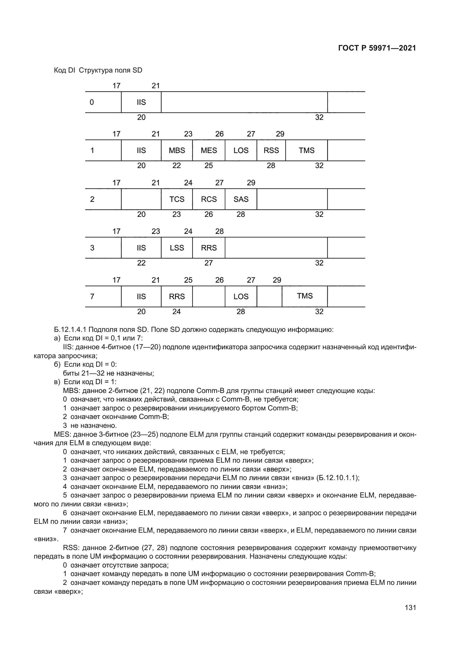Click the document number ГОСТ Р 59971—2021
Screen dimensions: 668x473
point(377,48)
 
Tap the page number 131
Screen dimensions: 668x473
point(410,607)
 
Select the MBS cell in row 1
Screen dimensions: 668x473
point(177,151)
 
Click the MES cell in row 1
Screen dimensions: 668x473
point(208,151)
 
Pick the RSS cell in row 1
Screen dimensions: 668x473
point(271,151)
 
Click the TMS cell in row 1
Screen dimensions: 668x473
point(306,151)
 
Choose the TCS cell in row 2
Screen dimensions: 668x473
point(177,199)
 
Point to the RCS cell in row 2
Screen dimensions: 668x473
point(208,199)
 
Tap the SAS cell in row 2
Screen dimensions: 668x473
point(241,199)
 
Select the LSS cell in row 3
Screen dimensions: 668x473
point(177,248)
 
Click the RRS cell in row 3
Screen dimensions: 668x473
point(208,248)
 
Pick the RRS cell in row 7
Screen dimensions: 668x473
point(177,296)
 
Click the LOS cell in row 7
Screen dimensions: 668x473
point(241,296)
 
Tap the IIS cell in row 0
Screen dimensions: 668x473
point(141,103)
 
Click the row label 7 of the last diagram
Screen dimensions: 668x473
point(92,296)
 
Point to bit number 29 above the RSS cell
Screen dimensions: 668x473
point(280,134)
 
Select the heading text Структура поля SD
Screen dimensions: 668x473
point(110,71)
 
